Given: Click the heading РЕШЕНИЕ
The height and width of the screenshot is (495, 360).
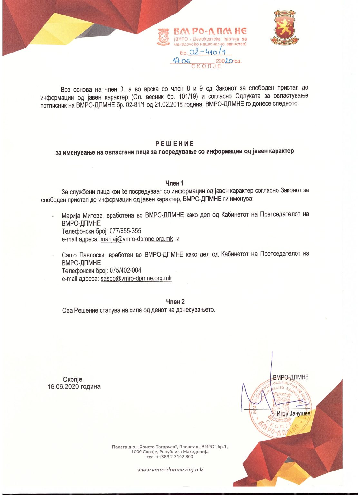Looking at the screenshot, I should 174,144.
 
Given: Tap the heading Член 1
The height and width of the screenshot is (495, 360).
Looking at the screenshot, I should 174,183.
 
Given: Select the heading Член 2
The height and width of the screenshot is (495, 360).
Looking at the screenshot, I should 175,302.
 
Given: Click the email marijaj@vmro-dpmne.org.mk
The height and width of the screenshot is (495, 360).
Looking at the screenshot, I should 137,239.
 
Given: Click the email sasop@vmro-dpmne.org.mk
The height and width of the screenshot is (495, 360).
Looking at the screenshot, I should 136,278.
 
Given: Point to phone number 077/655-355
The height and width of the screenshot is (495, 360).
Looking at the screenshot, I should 125,231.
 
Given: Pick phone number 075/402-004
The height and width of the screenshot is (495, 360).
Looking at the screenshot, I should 125,270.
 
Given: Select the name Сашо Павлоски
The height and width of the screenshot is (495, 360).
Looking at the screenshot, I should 83,255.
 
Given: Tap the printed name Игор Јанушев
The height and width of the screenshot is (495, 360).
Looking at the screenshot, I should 293,413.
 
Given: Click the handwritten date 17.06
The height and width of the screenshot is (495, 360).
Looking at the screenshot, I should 182,61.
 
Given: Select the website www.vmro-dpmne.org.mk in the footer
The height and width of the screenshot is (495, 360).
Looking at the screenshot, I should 170,470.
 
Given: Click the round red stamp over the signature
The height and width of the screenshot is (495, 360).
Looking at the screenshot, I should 280,408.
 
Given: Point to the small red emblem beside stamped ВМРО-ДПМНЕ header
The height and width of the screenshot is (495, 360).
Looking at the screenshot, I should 164,37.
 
